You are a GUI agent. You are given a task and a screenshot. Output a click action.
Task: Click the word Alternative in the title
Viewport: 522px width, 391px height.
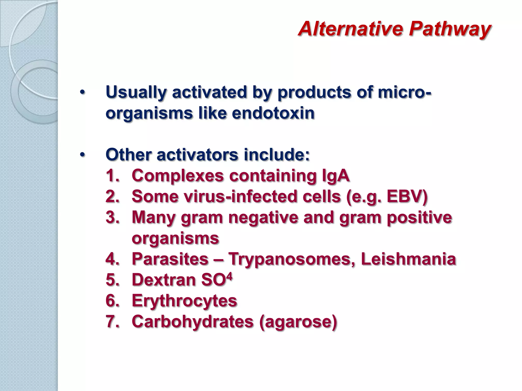coord(350,29)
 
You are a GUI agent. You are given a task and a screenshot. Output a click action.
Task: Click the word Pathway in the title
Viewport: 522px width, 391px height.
coord(450,29)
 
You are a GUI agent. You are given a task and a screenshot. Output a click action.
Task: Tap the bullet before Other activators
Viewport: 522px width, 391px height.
coord(82,155)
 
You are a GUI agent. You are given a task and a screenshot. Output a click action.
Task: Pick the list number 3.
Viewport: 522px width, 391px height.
coord(112,217)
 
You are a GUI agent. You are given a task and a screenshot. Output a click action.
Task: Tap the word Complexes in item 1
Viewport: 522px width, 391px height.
coord(178,176)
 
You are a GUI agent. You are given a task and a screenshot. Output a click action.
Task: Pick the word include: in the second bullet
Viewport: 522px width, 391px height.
coord(277,155)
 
